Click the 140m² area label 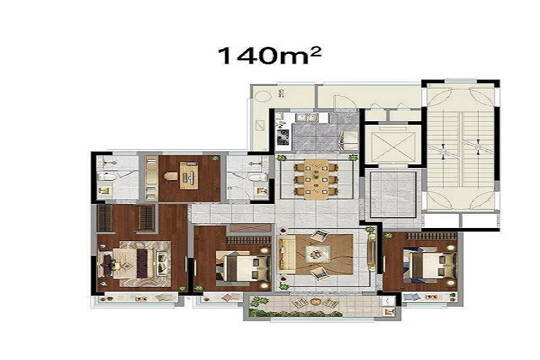click(x=269, y=56)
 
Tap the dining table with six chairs click(x=316, y=179)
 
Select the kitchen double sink click(x=307, y=118)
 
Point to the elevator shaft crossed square click(x=392, y=145)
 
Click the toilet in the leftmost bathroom click(x=106, y=177)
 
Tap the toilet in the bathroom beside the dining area click(x=257, y=178)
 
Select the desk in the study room click(x=189, y=176)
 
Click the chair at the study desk click(x=170, y=176)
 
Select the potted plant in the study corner click(x=215, y=158)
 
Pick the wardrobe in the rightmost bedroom click(x=431, y=236)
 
